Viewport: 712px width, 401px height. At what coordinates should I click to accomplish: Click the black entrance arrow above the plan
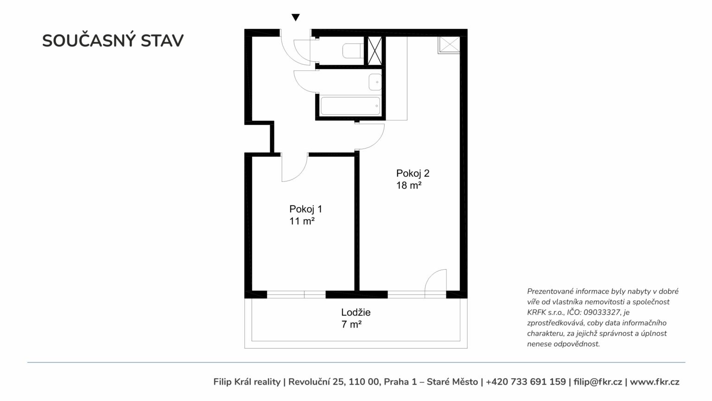coord(296,17)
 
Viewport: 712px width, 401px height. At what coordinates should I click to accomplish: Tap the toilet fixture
coord(353,51)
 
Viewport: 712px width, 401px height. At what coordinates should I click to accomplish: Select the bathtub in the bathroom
coord(350,106)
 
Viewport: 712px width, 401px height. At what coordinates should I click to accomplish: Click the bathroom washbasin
coord(375,82)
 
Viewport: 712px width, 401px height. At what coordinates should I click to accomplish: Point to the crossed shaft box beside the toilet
coord(375,51)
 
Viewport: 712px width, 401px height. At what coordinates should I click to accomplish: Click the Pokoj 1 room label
coord(305,209)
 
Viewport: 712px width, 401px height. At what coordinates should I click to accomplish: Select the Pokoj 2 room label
coord(413,174)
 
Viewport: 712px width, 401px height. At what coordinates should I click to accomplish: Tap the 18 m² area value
coord(409,185)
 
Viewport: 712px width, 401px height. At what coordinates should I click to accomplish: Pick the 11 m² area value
coord(302,221)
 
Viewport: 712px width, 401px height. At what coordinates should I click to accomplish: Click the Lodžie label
coord(356,312)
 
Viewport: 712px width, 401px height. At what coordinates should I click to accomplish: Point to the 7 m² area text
coord(351,324)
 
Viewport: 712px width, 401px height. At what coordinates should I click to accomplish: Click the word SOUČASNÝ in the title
coord(89,40)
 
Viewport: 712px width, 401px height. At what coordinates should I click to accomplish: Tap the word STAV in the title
coord(162,41)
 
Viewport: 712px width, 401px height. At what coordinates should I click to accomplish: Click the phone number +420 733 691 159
coord(526,382)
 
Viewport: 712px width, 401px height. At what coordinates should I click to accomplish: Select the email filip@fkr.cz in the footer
coord(598,382)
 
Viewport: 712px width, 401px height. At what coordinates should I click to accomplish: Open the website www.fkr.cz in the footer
coord(655,382)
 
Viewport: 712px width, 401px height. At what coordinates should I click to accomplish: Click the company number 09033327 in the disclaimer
coord(602,312)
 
